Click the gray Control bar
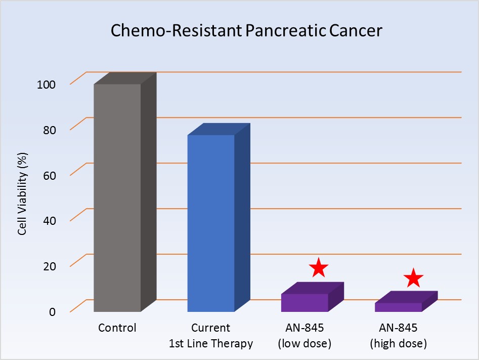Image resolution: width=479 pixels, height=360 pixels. (117, 197)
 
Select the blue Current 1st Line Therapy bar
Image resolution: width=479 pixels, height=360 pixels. (211, 223)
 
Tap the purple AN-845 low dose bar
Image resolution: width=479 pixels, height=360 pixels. (305, 302)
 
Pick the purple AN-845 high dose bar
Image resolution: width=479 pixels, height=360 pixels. (398, 307)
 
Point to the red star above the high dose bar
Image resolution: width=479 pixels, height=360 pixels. (413, 277)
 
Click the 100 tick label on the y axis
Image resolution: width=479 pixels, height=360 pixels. (46, 84)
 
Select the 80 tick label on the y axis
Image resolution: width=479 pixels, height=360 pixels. (48, 129)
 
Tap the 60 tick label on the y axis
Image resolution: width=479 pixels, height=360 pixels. (48, 175)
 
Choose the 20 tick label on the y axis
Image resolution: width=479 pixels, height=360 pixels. (48, 265)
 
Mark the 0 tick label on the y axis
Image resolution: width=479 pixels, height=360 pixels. (53, 311)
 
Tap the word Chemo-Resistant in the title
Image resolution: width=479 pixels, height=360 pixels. (169, 31)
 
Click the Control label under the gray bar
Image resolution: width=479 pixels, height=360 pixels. (117, 328)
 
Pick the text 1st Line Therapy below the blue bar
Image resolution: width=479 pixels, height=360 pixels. (211, 344)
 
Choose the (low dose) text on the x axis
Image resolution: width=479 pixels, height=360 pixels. (304, 344)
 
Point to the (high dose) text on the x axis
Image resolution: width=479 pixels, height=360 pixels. (398, 344)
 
